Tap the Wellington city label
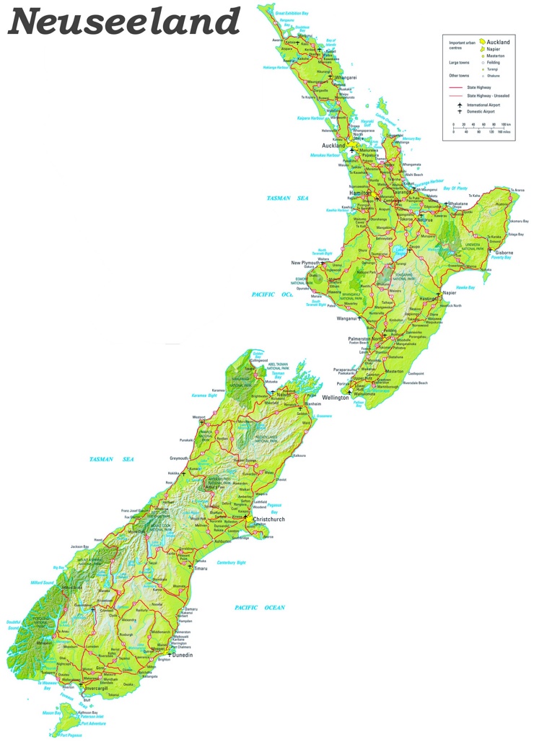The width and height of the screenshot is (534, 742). pyautogui.click(x=336, y=398)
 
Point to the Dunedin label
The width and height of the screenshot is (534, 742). pyautogui.click(x=183, y=655)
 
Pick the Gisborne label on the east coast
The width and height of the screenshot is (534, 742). pyautogui.click(x=504, y=253)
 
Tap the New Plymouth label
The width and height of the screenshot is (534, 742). pyautogui.click(x=305, y=263)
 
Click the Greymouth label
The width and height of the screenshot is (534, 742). pyautogui.click(x=179, y=458)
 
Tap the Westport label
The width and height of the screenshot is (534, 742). pyautogui.click(x=198, y=417)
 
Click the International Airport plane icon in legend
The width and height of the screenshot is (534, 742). pyautogui.click(x=459, y=105)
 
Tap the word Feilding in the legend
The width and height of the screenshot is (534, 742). pyautogui.click(x=494, y=63)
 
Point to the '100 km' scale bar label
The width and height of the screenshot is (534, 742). pyautogui.click(x=505, y=124)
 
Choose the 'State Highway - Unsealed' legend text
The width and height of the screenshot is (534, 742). pyautogui.click(x=489, y=95)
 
